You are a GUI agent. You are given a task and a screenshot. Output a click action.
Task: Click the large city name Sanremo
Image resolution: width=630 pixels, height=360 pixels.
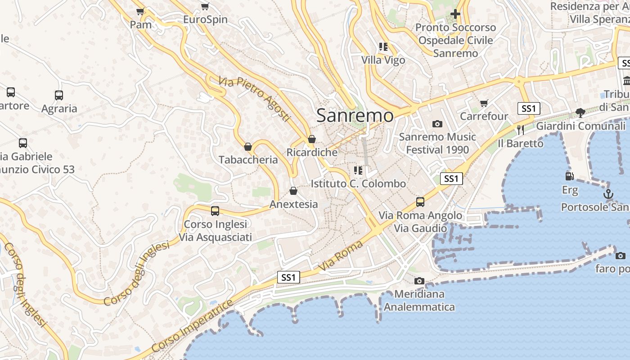[355, 116]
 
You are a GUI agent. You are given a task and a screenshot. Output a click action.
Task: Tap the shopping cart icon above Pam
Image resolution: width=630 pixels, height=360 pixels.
[140, 11]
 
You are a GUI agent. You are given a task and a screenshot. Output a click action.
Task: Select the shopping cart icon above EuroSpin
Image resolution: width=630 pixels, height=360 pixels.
[205, 6]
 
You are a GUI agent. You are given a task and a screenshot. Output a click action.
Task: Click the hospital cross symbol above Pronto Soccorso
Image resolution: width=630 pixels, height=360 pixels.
[455, 14]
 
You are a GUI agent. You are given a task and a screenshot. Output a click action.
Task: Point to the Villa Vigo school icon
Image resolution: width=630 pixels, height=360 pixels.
[383, 46]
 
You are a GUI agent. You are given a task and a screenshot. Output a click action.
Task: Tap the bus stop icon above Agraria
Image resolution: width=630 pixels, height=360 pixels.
[59, 95]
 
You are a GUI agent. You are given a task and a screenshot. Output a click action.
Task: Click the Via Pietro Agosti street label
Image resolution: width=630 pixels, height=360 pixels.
[255, 99]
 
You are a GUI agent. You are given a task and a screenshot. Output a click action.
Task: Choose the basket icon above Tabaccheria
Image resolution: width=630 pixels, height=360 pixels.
[247, 147]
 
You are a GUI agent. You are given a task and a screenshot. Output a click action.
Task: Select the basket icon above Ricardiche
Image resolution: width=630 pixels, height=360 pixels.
[311, 139]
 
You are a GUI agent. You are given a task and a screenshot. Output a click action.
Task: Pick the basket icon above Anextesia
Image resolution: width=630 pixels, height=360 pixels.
[293, 191]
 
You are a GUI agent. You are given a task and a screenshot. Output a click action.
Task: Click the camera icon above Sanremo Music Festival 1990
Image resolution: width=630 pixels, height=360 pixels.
[437, 124]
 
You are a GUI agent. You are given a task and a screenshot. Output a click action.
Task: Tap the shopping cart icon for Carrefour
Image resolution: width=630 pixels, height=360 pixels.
[484, 103]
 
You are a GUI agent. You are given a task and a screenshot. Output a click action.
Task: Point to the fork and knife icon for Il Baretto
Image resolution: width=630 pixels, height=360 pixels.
[521, 130]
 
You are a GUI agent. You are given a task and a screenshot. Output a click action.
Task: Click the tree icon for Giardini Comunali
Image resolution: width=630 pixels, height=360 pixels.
[580, 112]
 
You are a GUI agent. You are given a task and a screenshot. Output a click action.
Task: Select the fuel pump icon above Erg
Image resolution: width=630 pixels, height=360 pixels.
[570, 176]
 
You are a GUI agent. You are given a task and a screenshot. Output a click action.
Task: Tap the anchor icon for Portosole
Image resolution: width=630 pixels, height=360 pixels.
[608, 194]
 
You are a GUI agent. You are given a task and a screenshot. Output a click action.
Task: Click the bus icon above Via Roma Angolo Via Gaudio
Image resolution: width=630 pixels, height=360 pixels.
[420, 202]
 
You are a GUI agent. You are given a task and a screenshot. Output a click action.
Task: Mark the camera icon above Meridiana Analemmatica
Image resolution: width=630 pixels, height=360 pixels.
[419, 281]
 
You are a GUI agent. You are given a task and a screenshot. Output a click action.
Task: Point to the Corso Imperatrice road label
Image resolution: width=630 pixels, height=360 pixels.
[192, 326]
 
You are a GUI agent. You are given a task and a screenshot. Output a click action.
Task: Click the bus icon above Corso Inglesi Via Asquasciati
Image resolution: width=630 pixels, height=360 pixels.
[215, 211]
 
